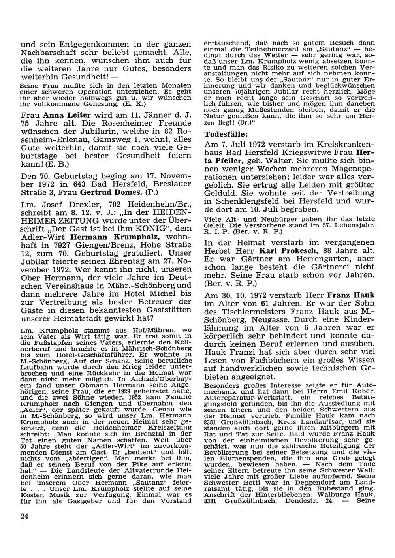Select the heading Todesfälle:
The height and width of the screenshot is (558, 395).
pyautogui.click(x=227, y=134)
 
